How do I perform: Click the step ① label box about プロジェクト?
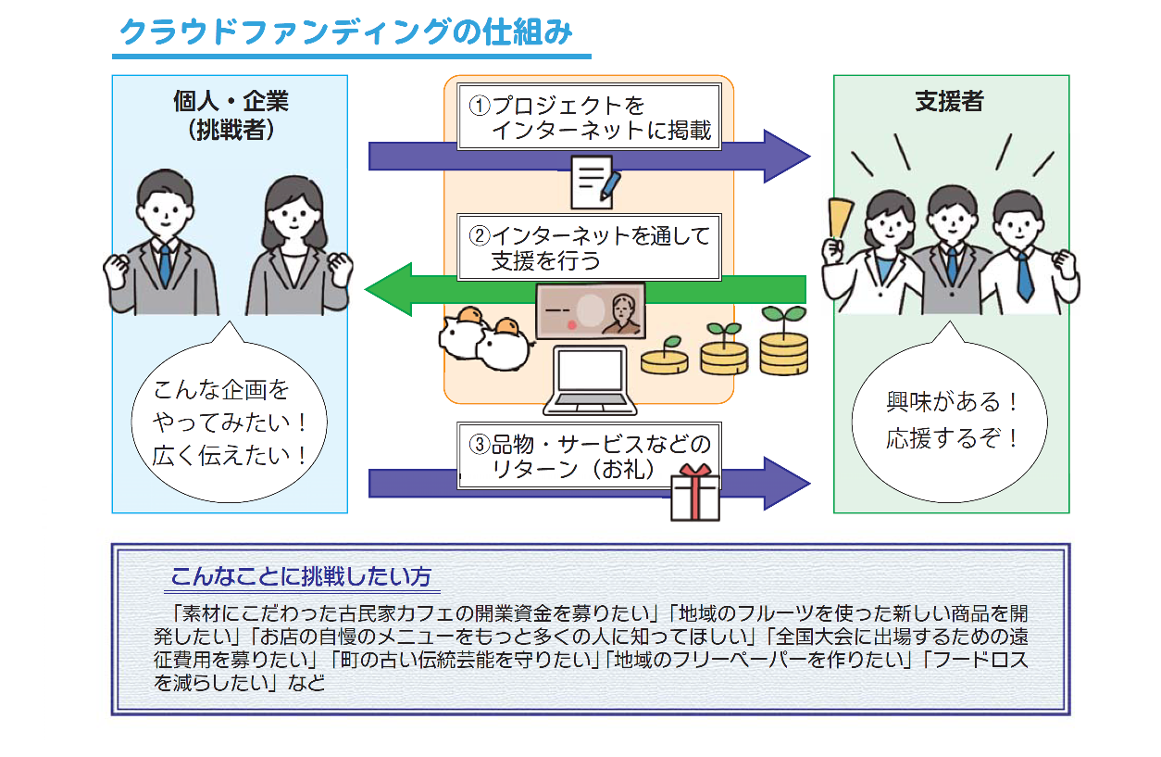pyautogui.click(x=589, y=117)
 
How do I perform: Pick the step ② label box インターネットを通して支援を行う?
pyautogui.click(x=589, y=247)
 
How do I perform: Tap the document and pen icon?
pyautogui.click(x=593, y=183)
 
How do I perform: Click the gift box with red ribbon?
pyautogui.click(x=694, y=492)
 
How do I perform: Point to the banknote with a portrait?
pyautogui.click(x=590, y=311)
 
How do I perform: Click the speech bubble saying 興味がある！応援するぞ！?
pyautogui.click(x=952, y=421)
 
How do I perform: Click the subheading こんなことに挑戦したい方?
pyautogui.click(x=301, y=576)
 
